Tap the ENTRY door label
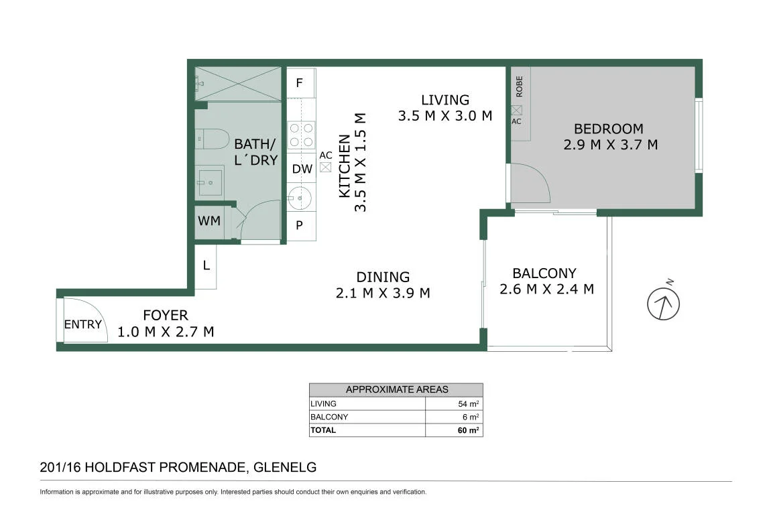point(82,324)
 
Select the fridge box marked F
point(300,83)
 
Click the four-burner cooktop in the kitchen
point(301,135)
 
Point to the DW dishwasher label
point(302,169)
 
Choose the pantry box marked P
point(300,225)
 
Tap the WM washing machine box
point(209,221)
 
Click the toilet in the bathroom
point(212,139)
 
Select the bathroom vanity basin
point(210,183)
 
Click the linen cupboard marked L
point(206,266)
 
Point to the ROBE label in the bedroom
point(519,86)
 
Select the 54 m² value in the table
point(468,403)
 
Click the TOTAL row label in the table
point(323,430)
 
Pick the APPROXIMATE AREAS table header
point(396,389)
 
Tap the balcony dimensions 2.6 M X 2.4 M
point(547,290)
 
